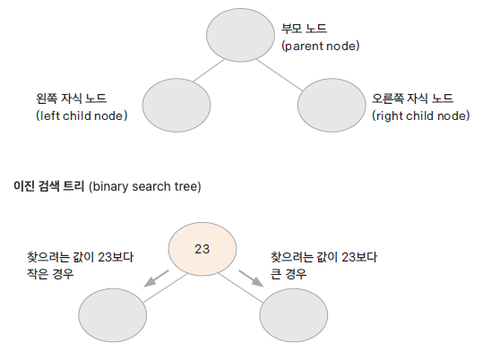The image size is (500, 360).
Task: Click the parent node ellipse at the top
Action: (x=240, y=35)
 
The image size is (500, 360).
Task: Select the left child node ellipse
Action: (x=177, y=105)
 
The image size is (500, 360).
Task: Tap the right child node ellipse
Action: (x=332, y=105)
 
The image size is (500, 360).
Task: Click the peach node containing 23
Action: (x=203, y=249)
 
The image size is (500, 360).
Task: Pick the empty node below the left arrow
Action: (x=113, y=315)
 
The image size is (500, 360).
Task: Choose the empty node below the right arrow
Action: (x=293, y=315)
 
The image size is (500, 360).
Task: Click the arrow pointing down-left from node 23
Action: (x=156, y=279)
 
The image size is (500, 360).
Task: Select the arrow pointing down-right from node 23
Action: (x=251, y=279)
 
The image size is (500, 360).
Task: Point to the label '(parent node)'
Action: (x=321, y=46)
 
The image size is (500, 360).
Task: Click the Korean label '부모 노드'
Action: (x=304, y=29)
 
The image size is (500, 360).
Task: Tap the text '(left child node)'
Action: (x=82, y=116)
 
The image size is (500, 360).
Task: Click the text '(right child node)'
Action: (x=421, y=116)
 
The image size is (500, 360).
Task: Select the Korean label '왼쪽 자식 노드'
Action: (x=71, y=99)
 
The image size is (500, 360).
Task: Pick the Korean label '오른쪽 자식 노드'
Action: (x=412, y=99)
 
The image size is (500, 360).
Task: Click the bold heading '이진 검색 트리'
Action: (x=48, y=185)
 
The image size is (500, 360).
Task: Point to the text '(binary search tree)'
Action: (x=145, y=186)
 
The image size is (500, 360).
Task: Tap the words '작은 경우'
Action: (x=50, y=274)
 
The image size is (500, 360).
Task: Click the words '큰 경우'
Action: (x=289, y=274)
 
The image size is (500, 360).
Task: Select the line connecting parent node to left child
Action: (x=209, y=71)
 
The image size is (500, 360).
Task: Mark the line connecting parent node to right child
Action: (x=280, y=75)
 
